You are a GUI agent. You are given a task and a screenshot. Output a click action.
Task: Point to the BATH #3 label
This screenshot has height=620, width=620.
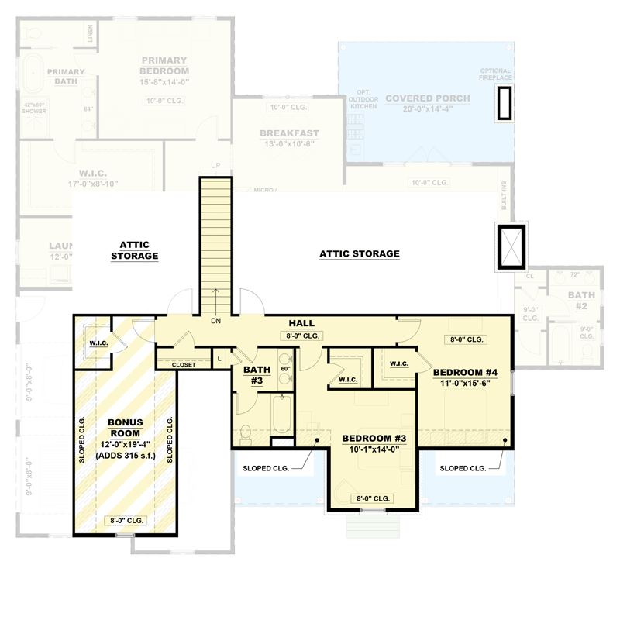point(257,375)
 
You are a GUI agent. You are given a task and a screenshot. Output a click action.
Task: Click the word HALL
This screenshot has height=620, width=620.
point(301,322)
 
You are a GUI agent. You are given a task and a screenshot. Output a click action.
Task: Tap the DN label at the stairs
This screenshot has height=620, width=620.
point(216,321)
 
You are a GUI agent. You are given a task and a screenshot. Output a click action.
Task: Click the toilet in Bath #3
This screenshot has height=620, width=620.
point(246,434)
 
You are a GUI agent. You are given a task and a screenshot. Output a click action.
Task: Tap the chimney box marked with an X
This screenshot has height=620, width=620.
point(511,246)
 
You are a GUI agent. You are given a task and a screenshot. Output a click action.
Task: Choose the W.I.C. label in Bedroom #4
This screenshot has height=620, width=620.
point(399,363)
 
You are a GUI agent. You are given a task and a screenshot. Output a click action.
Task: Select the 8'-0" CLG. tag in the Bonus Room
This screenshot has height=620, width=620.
point(124,521)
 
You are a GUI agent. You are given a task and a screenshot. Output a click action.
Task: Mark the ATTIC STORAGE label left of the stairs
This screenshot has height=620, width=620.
point(134,250)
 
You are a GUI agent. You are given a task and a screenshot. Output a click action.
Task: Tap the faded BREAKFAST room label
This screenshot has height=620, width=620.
point(289,133)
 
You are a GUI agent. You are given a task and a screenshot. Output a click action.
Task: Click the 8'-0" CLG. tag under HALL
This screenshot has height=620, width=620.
point(301,336)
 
